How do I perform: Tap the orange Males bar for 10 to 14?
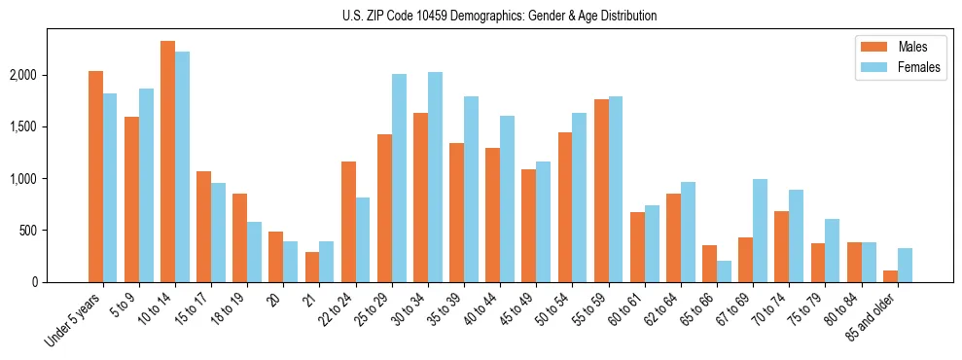coord(167,162)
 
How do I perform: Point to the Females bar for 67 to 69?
coord(761,231)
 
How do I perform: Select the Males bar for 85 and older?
coord(890,276)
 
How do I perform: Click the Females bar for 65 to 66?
coord(725,271)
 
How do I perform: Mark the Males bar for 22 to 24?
coord(348,222)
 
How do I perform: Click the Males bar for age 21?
coord(312,268)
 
